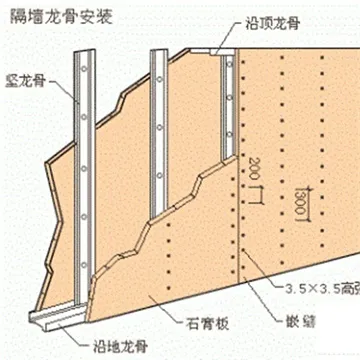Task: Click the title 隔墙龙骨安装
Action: (x=48, y=14)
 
